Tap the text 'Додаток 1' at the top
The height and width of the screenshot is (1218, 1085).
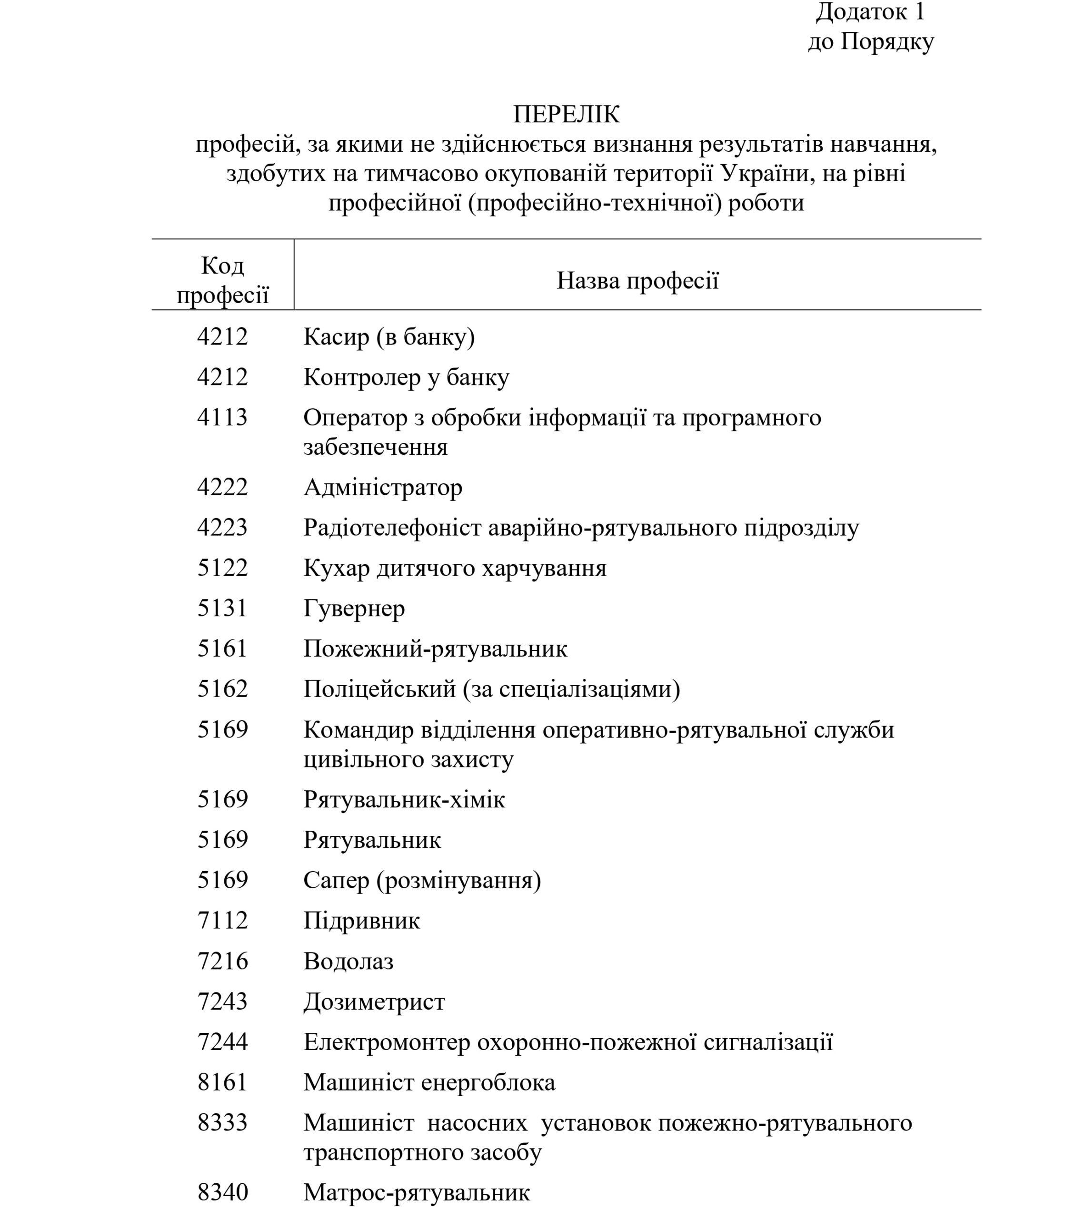[870, 12]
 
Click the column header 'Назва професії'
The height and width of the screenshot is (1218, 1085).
[637, 280]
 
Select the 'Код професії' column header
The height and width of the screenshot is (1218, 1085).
[222, 280]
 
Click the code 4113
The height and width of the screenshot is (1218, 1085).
[222, 417]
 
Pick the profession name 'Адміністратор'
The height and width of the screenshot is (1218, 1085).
[383, 488]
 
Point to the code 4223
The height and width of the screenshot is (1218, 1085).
[222, 527]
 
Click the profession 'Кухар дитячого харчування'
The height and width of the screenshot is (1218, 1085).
[455, 568]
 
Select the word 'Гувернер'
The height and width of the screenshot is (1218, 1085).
[354, 609]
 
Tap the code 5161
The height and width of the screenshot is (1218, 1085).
[222, 648]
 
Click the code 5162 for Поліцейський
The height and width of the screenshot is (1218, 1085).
[222, 689]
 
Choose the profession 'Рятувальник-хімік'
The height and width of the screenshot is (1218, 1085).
[404, 800]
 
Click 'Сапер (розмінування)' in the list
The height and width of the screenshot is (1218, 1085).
[422, 880]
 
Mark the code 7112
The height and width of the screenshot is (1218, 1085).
[222, 921]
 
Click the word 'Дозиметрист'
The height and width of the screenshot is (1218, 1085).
[374, 1002]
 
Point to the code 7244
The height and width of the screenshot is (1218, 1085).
[222, 1042]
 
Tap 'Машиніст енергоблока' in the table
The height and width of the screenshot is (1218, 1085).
[429, 1082]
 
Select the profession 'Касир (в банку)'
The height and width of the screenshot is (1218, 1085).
[389, 337]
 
